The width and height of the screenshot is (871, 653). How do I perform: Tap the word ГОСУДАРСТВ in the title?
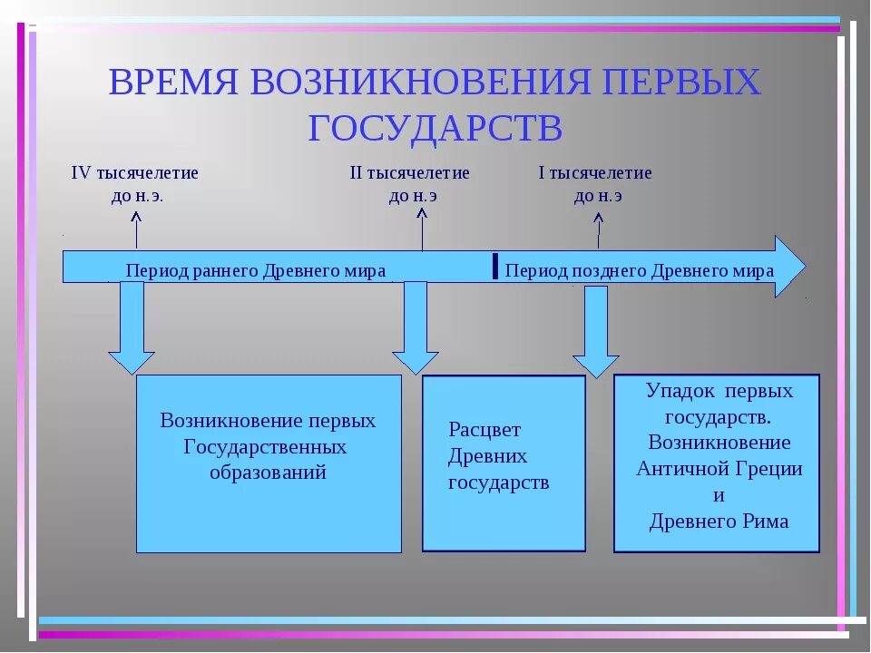435,128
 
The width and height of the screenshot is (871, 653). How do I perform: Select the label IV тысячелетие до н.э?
134,184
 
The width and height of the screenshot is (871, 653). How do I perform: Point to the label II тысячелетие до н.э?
409,184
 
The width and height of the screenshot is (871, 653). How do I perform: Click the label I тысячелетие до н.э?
595,184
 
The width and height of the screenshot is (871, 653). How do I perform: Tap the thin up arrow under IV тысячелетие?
136,229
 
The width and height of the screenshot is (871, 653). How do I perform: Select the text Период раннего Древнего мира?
256,270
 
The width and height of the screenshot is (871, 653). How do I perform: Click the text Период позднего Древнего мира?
639,270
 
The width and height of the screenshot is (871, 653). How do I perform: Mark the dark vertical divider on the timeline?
494,265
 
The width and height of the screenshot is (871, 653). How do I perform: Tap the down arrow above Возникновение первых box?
132,326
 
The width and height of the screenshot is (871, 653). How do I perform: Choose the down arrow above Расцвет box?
416,326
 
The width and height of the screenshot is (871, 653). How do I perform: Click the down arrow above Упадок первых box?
596,331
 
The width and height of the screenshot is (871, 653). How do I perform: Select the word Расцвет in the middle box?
484,430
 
